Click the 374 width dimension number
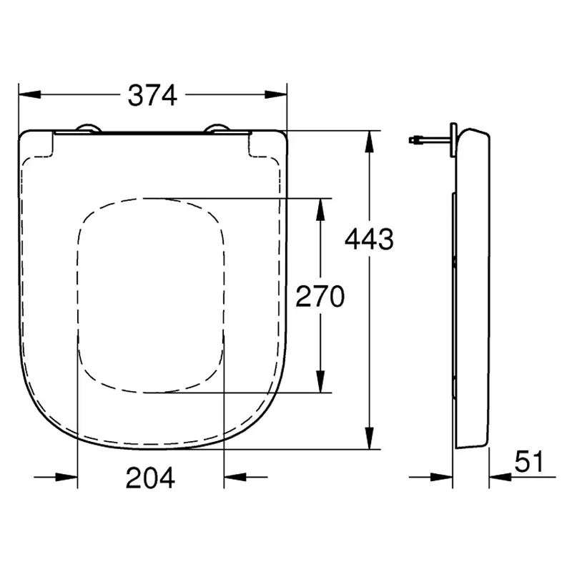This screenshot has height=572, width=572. [152, 96]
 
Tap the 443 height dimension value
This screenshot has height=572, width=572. [369, 240]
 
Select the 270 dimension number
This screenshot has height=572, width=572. [320, 296]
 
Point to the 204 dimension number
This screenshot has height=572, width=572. [150, 478]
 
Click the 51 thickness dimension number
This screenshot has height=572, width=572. [529, 461]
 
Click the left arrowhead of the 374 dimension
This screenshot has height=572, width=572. [29, 94]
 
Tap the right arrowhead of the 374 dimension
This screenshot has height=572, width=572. [276, 94]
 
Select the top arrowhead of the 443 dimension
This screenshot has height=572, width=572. [370, 141]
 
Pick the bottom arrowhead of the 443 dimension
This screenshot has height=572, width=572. [370, 438]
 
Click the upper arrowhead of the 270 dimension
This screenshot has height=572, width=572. [320, 209]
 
